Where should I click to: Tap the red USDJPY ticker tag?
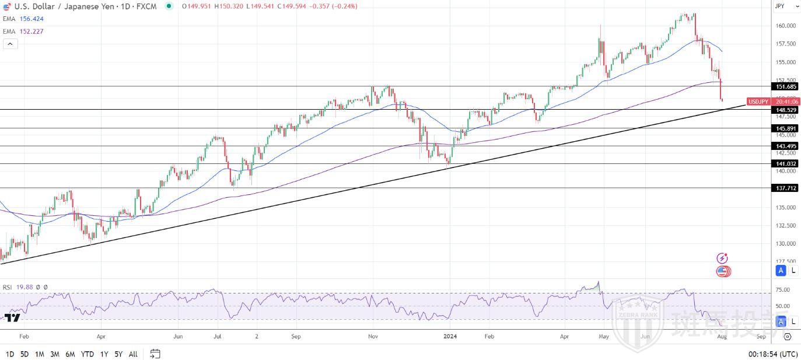758,102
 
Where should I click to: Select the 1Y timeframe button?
104,354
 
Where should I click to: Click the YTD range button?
88,354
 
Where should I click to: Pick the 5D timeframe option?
25,354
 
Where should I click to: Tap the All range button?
133,354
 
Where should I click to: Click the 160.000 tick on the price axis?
785,26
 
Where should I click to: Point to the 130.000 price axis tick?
785,243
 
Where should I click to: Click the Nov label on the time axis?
374,337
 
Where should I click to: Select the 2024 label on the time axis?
450,337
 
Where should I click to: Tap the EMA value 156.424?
32,19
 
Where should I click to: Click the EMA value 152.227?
32,32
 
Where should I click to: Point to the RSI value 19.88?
25,287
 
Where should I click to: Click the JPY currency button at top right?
780,6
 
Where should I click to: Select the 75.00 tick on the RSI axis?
783,290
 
